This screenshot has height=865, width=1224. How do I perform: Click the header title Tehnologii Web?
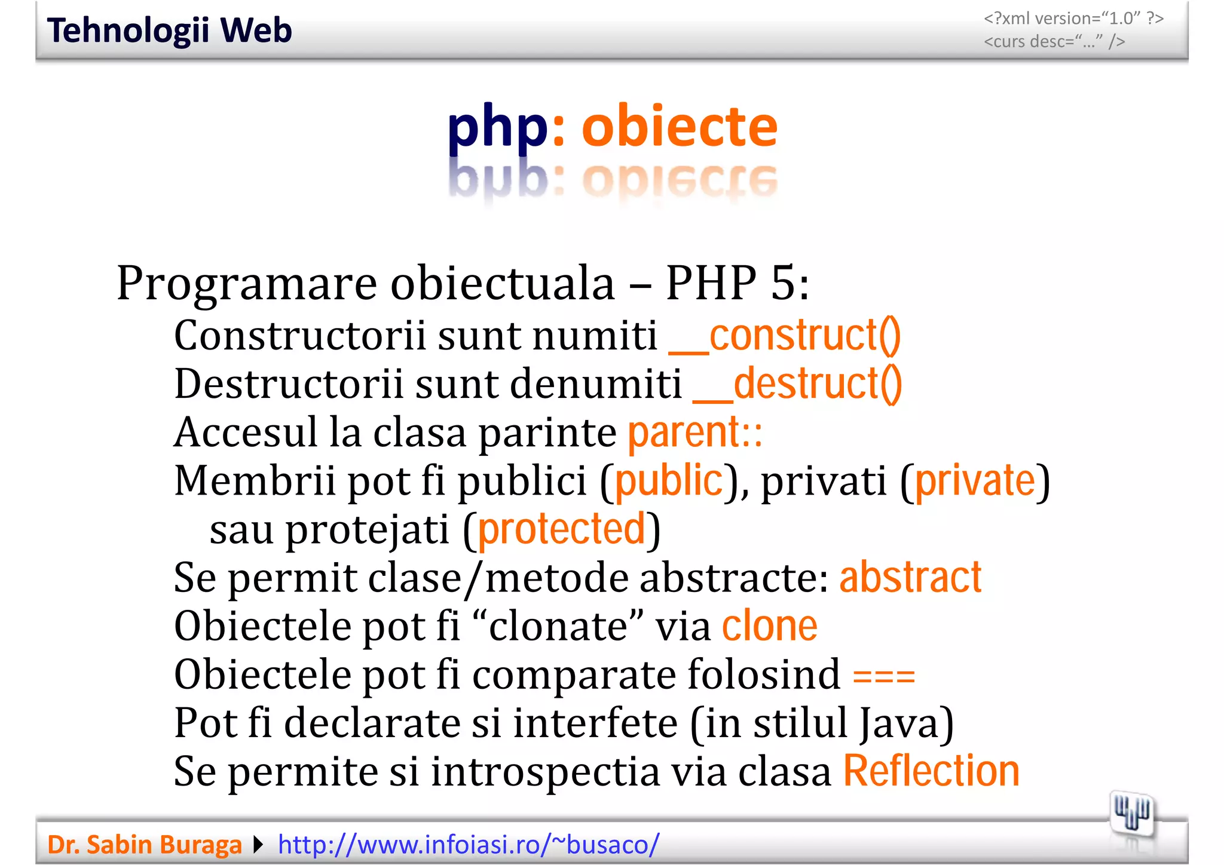click(169, 30)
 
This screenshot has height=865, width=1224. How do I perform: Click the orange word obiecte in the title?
click(680, 126)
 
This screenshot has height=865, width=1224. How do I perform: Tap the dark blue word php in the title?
click(497, 127)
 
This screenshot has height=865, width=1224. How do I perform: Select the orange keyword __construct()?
click(784, 336)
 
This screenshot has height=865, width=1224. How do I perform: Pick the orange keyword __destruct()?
click(797, 384)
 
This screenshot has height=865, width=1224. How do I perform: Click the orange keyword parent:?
click(695, 432)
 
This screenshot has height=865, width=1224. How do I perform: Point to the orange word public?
click(669, 480)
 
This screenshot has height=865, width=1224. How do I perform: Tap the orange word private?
click(975, 480)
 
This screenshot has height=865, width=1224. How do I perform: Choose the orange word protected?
click(562, 529)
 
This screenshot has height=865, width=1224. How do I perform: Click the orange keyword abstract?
click(910, 578)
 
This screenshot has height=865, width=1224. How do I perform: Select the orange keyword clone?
click(770, 626)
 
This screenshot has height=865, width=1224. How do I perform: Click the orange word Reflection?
click(931, 771)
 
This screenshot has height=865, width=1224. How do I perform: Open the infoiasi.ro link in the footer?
click(469, 845)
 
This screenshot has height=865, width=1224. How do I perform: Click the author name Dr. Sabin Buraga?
click(144, 845)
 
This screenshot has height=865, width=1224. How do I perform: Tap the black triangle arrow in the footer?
click(259, 845)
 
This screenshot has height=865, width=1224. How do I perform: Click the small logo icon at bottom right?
click(1131, 814)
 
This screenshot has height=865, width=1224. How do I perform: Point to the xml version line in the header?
click(1073, 19)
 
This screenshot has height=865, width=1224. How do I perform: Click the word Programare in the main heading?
click(247, 283)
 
